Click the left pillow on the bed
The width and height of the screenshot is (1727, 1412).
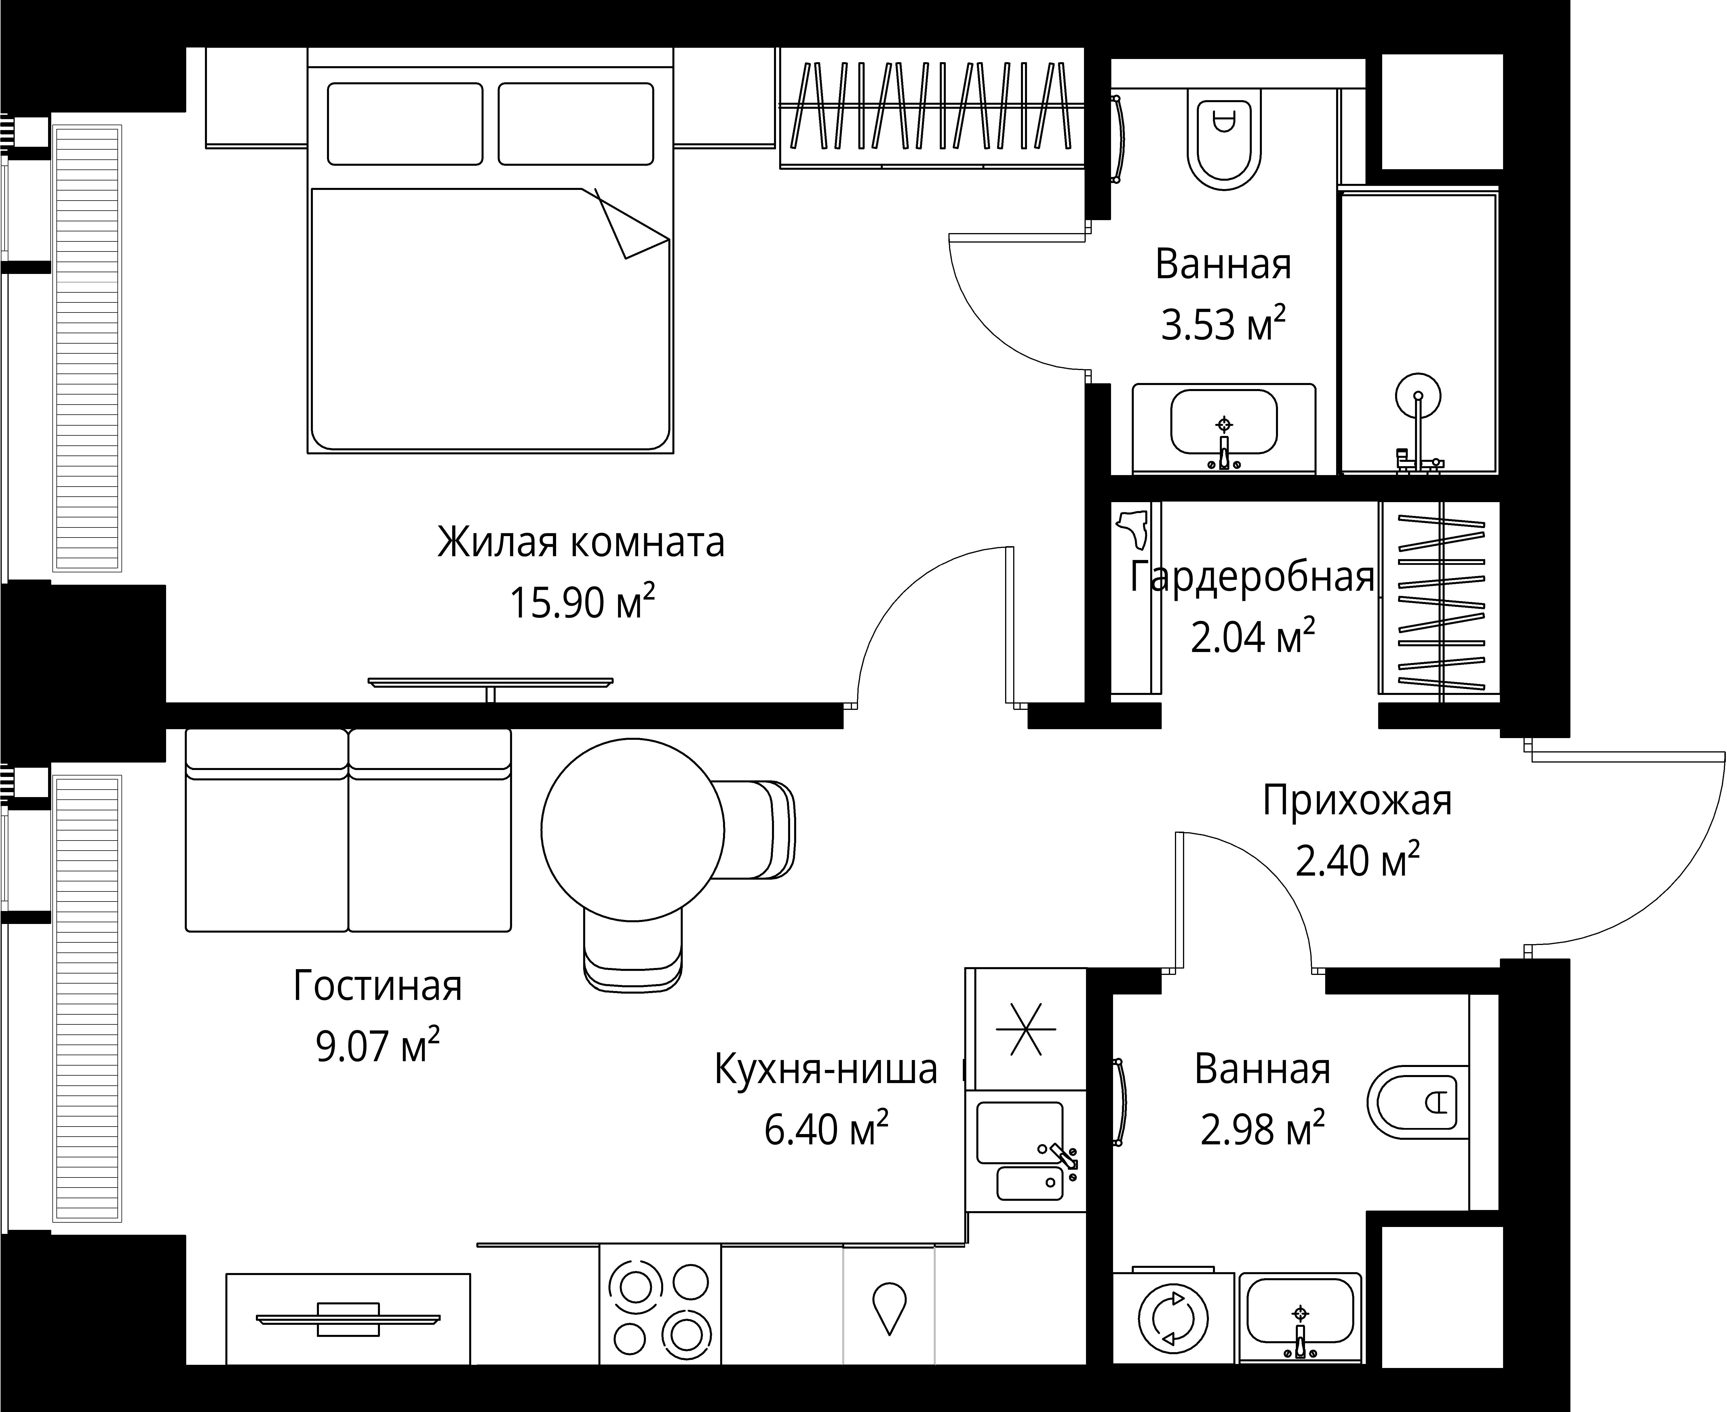405,124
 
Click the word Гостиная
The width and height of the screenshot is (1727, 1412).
377,986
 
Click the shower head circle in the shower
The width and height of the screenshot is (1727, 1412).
1418,396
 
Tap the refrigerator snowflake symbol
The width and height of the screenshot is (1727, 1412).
1026,1029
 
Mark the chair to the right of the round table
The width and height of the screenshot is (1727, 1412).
760,830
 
